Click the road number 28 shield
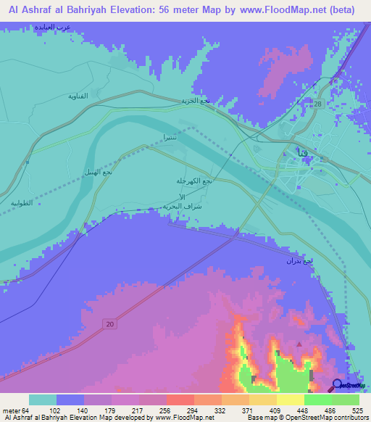point(318,106)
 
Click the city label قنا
point(301,153)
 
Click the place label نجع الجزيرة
point(195,101)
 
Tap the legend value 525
point(357,410)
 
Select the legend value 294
point(193,410)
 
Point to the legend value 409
point(275,410)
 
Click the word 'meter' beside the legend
point(11,410)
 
